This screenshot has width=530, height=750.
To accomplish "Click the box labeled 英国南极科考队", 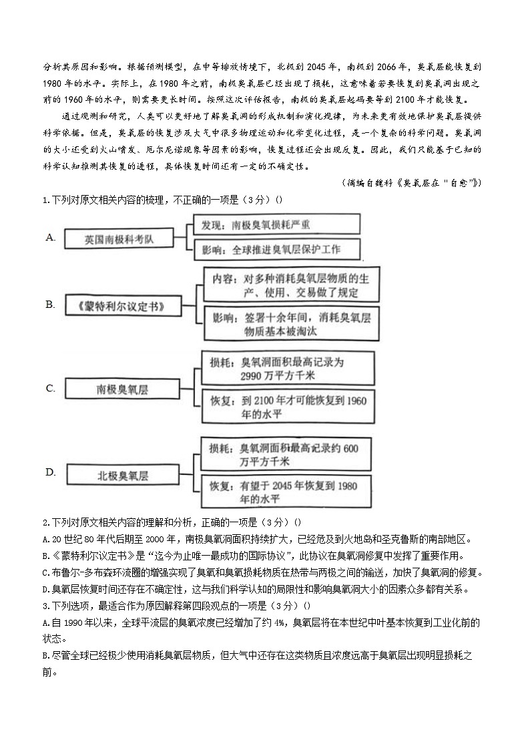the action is point(119,238).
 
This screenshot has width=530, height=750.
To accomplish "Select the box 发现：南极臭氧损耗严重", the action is point(276,224).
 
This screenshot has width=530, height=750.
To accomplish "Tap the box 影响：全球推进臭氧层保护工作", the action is point(276,250).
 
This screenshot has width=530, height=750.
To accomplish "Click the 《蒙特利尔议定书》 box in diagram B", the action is point(121,306).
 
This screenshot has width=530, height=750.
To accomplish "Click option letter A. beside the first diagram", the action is point(50,237).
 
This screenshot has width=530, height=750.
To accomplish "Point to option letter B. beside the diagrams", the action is point(50,305).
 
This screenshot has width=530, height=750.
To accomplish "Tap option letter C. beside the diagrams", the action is point(50,388).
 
